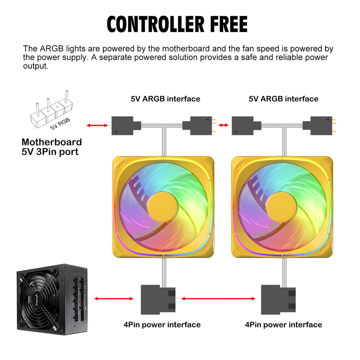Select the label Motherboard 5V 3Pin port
(x=52, y=147)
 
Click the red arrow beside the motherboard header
(x=97, y=125)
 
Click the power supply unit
(x=52, y=299)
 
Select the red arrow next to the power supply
(x=114, y=299)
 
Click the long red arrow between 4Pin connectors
(x=218, y=299)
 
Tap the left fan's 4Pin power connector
(x=158, y=300)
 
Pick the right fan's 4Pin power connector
(x=278, y=300)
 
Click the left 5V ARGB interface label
(x=165, y=99)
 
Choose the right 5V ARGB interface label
(x=283, y=99)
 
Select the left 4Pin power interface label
(x=162, y=324)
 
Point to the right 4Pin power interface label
(x=283, y=324)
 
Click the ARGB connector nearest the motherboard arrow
(x=123, y=126)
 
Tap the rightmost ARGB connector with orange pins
(x=321, y=126)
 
